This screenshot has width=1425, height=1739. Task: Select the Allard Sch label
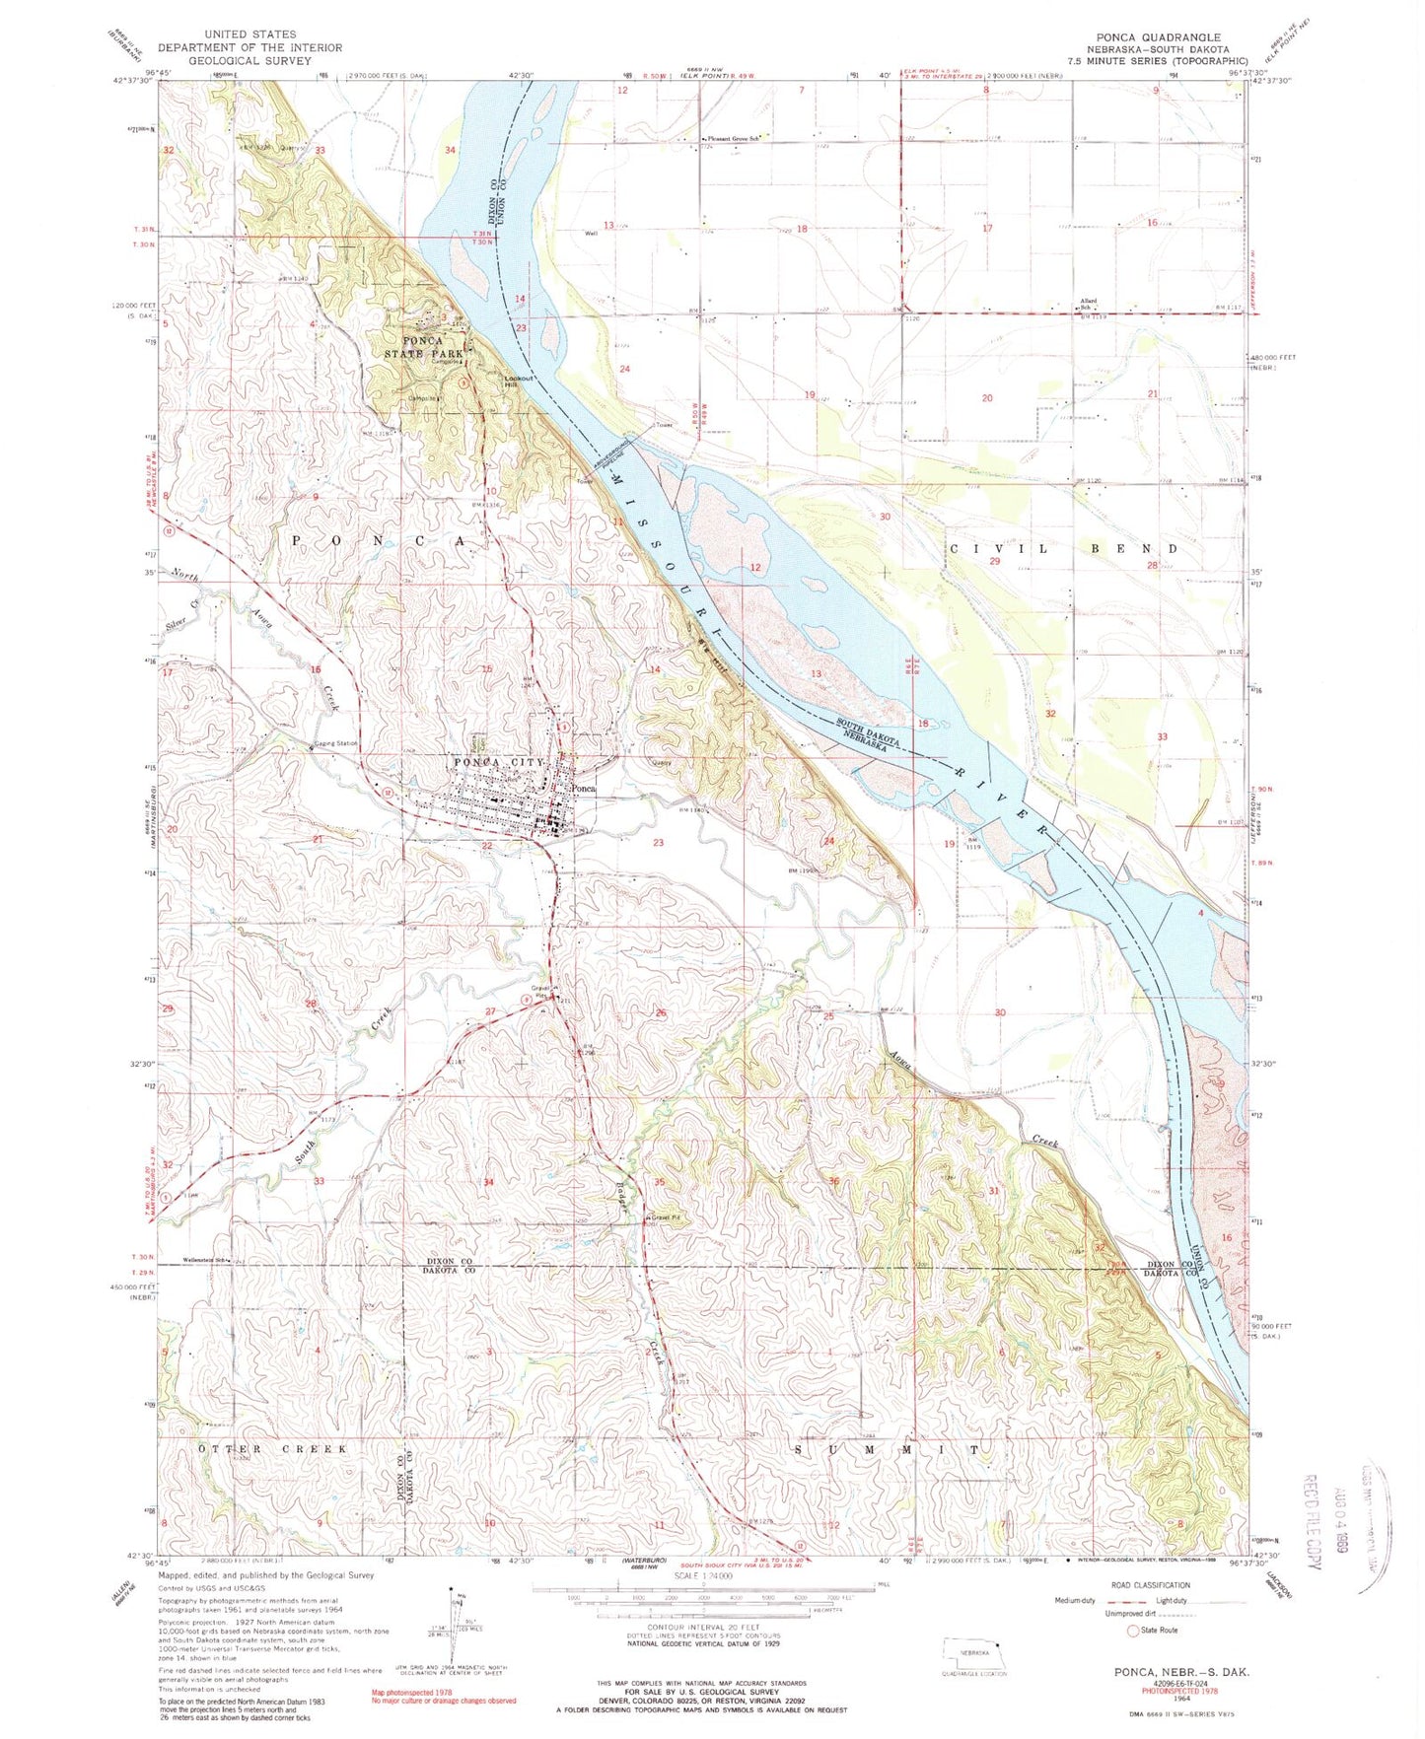pos(1088,304)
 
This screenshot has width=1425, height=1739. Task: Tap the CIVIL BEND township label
pos(1063,548)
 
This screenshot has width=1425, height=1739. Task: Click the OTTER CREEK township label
pos(273,1449)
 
